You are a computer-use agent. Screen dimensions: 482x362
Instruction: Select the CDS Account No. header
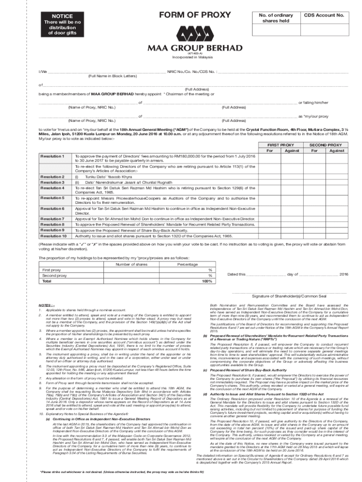pyautogui.click(x=324, y=15)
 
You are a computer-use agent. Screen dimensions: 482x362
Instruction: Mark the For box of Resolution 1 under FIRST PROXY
pyautogui.click(x=269, y=158)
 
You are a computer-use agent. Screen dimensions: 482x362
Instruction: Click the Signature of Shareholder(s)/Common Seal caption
pyautogui.click(x=289, y=296)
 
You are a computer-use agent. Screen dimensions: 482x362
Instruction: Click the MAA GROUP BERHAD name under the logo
pyautogui.click(x=195, y=48)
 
